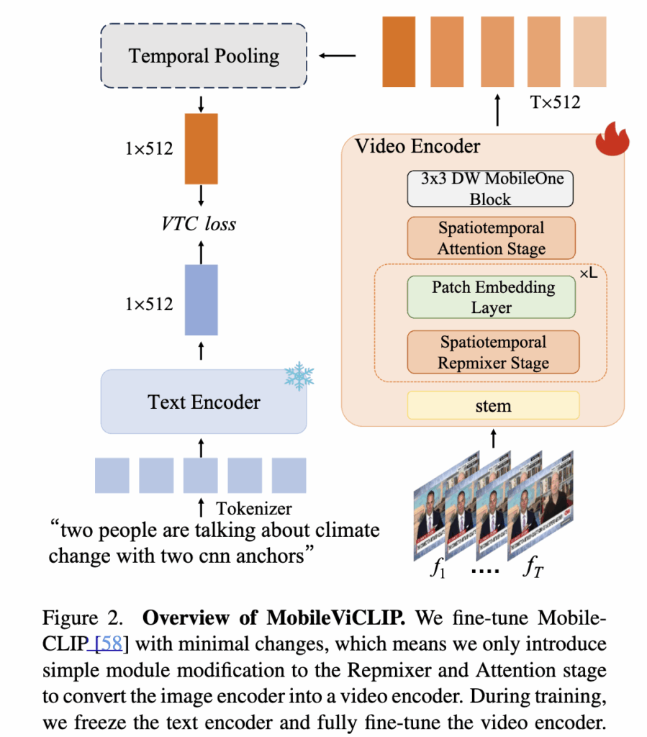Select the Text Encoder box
point(204,402)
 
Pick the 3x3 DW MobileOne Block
point(491,189)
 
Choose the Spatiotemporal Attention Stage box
point(491,238)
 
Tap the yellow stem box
point(493,405)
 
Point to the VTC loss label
point(199,223)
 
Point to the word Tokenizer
point(253,508)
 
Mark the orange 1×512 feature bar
point(201,148)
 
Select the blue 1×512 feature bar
point(201,300)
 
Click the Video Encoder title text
point(417,146)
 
